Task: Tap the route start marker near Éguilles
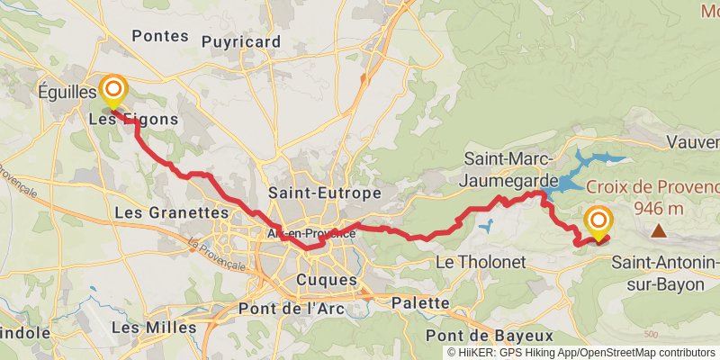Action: click(x=113, y=89)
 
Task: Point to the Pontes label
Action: click(x=160, y=36)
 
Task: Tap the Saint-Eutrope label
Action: click(x=325, y=193)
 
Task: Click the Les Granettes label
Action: click(x=173, y=213)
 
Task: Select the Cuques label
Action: click(x=326, y=281)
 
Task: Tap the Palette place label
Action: click(x=420, y=303)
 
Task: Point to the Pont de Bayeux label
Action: click(x=499, y=333)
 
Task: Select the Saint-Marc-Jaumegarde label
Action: click(x=507, y=168)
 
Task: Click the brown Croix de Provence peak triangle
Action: click(x=660, y=231)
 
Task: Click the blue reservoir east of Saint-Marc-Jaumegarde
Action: click(x=580, y=169)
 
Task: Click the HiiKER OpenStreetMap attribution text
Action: click(x=580, y=353)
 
